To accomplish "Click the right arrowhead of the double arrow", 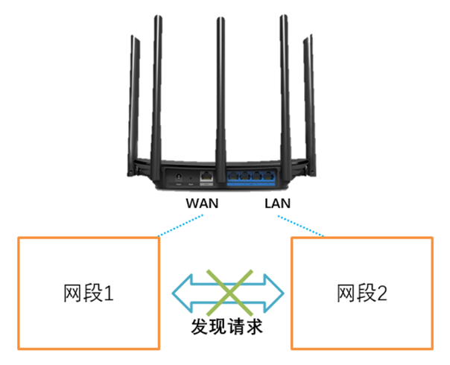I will coord(276,293).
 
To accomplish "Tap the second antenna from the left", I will coord(156,82).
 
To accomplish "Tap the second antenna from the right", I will coord(285,82).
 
